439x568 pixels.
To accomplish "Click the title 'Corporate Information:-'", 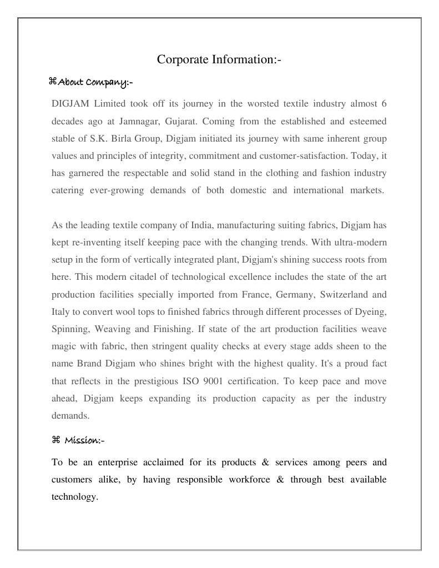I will click(x=219, y=59).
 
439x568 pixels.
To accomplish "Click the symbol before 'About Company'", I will click(x=53, y=83).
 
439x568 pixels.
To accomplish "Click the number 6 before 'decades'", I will click(x=384, y=103).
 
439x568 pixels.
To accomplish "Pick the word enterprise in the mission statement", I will click(x=119, y=462).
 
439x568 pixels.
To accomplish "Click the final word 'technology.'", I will click(x=74, y=496).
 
